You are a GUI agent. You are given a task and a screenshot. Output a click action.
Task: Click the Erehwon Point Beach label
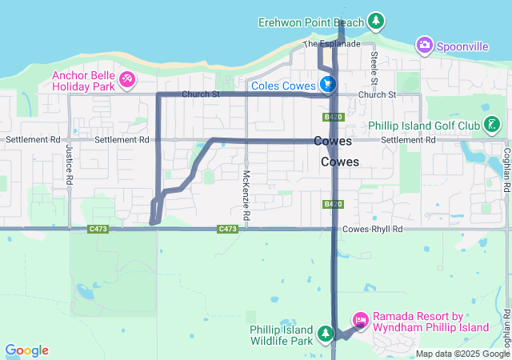coord(310,22)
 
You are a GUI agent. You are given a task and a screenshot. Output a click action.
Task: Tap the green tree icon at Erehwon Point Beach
coord(376,21)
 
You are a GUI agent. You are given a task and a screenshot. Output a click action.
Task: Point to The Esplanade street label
coord(331,43)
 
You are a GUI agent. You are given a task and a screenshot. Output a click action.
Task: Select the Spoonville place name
coord(462,46)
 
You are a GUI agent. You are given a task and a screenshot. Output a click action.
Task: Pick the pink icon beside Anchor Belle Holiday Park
coord(127,80)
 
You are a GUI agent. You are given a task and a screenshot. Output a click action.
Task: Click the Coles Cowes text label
coord(282,84)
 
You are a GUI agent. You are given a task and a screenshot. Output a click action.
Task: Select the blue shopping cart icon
coord(326,84)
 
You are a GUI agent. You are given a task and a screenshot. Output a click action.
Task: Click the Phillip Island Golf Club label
coord(423,126)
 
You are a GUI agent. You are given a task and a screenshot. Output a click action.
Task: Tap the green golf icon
coord(493,125)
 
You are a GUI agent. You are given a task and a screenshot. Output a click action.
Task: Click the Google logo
coord(27,350)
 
